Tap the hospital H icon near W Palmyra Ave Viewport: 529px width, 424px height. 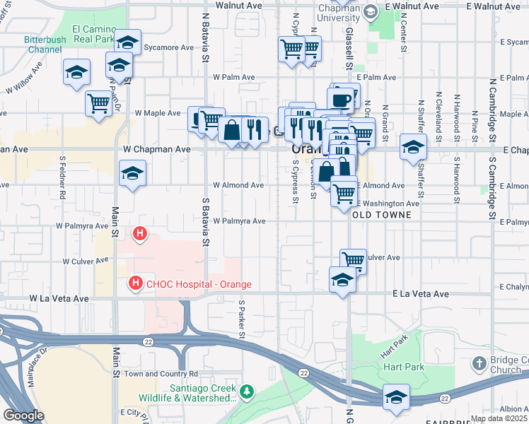[140, 232]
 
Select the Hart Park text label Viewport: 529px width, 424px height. [403, 367]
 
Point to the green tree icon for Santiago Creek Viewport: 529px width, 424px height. [246, 391]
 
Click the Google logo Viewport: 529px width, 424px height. [23, 416]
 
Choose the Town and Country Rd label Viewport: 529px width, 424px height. [161, 373]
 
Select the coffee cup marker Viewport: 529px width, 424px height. [341, 98]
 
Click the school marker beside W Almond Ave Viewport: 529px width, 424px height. [132, 173]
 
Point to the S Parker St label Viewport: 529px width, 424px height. [241, 316]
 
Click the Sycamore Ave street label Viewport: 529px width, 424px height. [168, 48]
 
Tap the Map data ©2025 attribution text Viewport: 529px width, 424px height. [499, 418]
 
